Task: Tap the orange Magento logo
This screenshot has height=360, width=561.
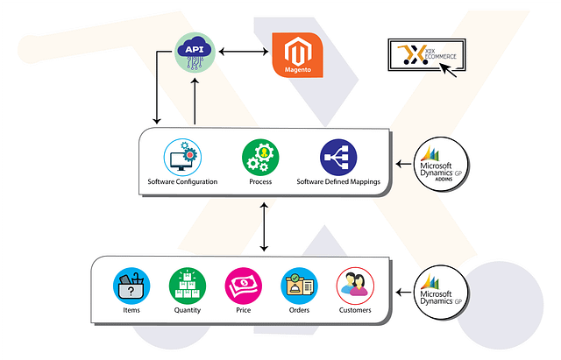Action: click(300, 54)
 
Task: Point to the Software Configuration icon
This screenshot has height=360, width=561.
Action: click(183, 159)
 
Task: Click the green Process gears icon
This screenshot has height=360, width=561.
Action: click(260, 159)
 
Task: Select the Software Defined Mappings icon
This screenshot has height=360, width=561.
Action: click(338, 159)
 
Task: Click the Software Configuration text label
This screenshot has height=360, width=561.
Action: click(183, 182)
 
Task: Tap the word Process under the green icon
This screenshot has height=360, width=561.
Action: click(260, 182)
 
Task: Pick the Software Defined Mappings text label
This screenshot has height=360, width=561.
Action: click(338, 182)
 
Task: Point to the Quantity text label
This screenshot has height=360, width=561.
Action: click(188, 310)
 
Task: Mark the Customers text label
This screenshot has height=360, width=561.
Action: click(355, 310)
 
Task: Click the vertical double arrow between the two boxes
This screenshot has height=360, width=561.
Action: click(264, 227)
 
